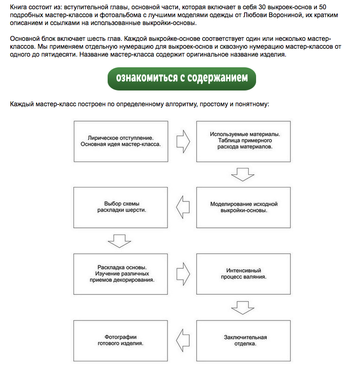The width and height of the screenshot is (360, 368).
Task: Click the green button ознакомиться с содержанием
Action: [181, 77]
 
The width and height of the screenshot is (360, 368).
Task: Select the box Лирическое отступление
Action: [121, 141]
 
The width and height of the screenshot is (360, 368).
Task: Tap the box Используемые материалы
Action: [244, 141]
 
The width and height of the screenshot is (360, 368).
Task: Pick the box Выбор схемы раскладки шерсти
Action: [121, 207]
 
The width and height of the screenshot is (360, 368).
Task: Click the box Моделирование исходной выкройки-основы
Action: [244, 207]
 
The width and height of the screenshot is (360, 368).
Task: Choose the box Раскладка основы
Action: [121, 274]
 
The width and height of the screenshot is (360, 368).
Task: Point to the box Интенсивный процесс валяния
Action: [244, 274]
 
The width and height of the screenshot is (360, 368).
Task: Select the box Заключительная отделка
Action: [244, 340]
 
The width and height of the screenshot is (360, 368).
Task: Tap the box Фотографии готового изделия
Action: [121, 340]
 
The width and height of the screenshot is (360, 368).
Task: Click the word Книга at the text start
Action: [19, 8]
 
